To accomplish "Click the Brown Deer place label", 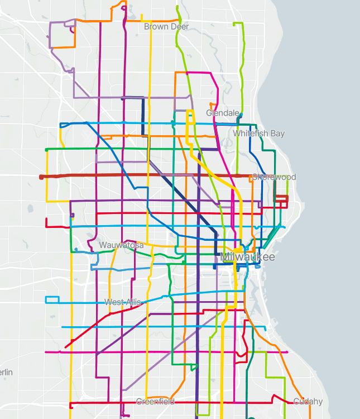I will tap(166, 26).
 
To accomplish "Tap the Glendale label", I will tap(223, 113).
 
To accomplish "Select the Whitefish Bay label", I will tap(258, 134).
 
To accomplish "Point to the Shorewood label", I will tap(273, 177).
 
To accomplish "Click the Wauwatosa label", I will tap(121, 245).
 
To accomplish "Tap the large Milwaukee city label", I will tap(248, 257).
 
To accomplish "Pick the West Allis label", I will tap(123, 302).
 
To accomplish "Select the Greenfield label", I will tap(155, 402).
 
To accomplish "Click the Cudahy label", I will tap(308, 402).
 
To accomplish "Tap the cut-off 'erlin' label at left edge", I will tap(6, 372).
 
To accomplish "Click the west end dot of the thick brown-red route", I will tap(41, 177).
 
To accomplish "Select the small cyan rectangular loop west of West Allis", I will tap(52, 299).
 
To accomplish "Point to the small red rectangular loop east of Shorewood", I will tap(280, 199).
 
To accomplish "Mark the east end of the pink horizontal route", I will tap(287, 352).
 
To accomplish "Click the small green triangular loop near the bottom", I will tap(194, 367).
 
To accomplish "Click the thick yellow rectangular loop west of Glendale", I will tap(190, 118).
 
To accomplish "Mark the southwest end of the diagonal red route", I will tap(66, 347).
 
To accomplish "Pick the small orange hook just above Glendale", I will tap(211, 104).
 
